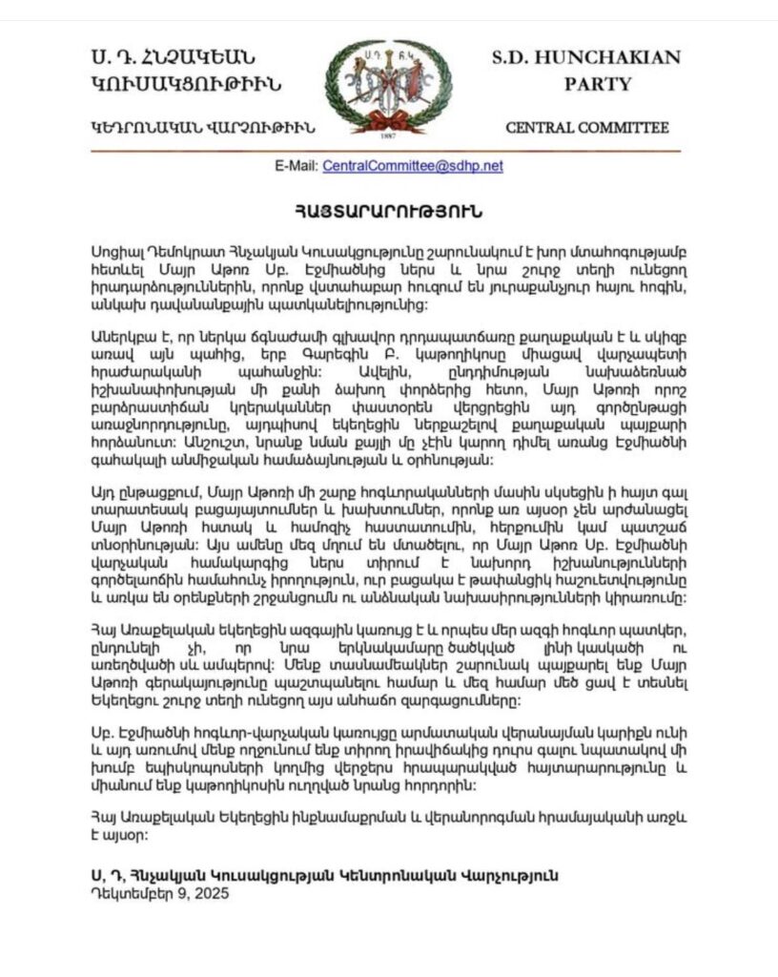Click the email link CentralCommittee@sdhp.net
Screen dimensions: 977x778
click(413, 165)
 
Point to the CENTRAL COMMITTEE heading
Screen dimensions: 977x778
click(586, 127)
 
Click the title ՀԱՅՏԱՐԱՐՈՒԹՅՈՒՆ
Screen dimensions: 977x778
click(388, 209)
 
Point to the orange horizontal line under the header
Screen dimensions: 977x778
click(388, 150)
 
